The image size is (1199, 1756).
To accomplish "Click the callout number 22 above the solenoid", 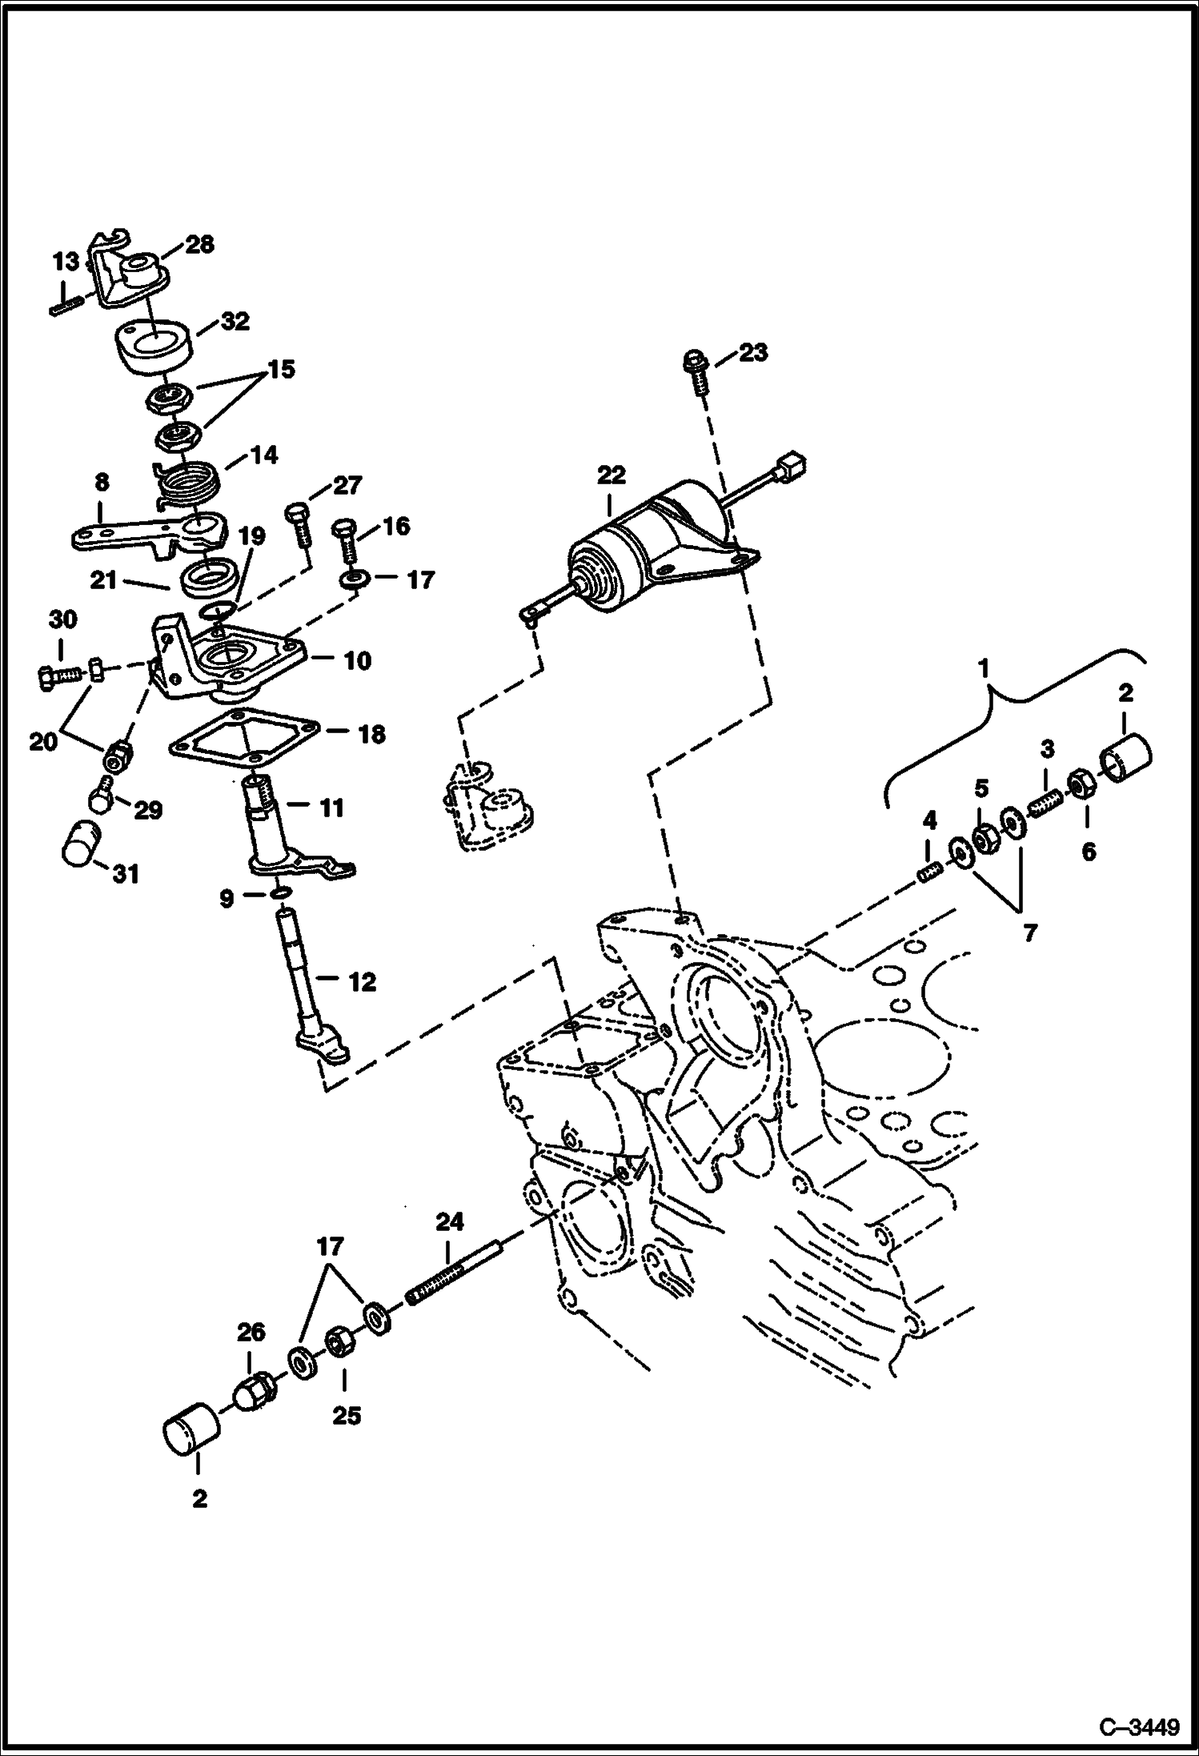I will click(611, 475).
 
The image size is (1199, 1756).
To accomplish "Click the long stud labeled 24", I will click(455, 1276).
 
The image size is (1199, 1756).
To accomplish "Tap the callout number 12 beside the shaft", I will click(362, 982).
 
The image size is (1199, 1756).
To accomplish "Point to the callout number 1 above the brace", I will click(985, 667).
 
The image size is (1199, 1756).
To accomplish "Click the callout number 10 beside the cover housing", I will click(358, 661).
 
